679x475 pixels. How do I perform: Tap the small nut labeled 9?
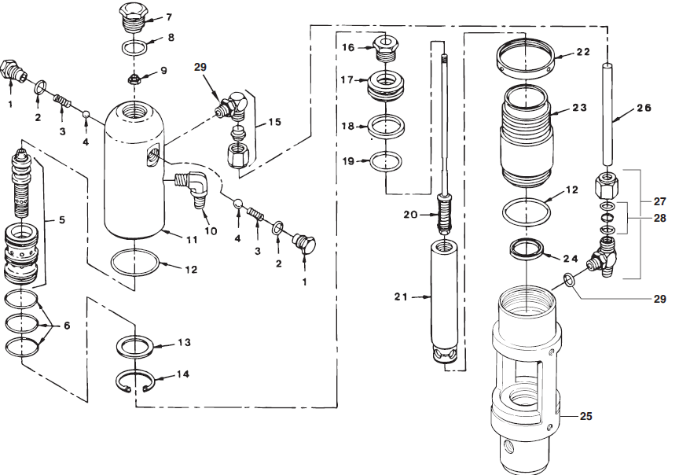(134, 79)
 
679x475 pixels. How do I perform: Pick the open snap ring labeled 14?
(138, 382)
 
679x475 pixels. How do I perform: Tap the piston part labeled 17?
(386, 85)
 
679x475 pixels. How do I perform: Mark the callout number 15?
(273, 123)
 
